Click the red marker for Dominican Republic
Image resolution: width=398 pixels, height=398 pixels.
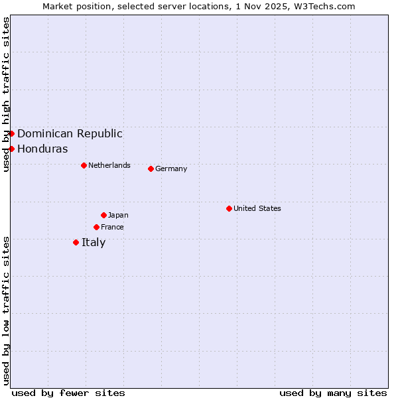(11, 133)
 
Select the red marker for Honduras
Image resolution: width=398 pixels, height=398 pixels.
(11, 149)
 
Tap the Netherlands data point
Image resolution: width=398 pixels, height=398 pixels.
(84, 165)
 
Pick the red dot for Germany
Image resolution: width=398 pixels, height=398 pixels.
(151, 168)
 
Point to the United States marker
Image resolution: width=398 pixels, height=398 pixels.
(229, 208)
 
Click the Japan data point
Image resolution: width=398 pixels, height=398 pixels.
(103, 215)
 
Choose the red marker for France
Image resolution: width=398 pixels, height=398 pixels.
(96, 227)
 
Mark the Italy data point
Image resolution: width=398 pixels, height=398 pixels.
(76, 242)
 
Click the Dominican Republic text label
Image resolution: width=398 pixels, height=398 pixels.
(70, 133)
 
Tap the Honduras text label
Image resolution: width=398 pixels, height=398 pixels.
(42, 149)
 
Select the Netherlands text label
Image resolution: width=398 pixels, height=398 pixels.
(109, 165)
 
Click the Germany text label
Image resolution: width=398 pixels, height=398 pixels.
(171, 168)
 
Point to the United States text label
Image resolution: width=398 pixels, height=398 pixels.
(257, 208)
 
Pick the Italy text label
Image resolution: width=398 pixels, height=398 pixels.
(94, 242)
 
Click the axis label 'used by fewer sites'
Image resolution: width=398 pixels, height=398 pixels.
(68, 393)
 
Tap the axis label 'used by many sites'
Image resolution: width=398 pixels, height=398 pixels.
(333, 393)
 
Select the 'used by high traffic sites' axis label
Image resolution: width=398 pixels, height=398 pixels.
(6, 94)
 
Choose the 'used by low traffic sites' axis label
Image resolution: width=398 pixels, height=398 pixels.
(6, 310)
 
